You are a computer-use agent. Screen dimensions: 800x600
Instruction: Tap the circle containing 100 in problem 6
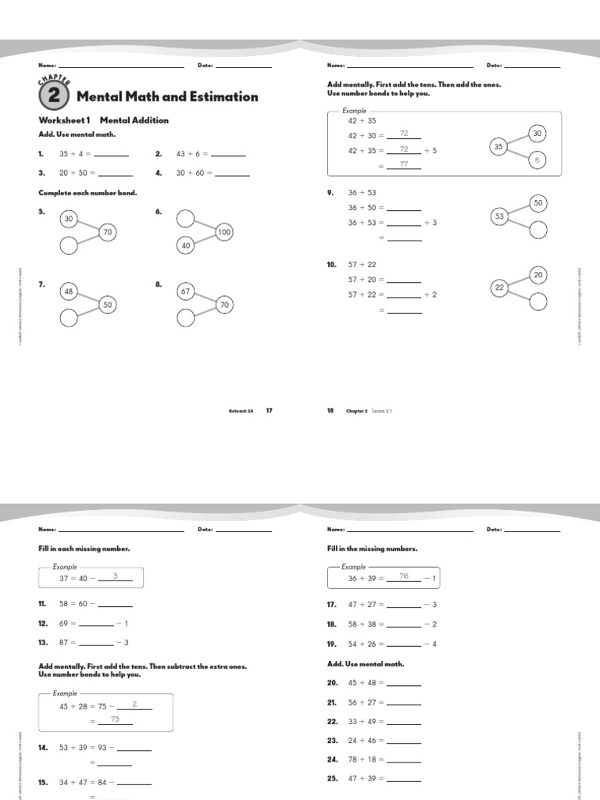pos(224,232)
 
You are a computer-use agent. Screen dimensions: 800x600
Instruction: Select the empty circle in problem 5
pos(69,245)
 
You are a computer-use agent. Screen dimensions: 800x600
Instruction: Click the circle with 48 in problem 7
pos(69,291)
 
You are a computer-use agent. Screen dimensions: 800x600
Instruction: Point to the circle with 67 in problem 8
pos(186,291)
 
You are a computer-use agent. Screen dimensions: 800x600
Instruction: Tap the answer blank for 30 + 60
pos(228,173)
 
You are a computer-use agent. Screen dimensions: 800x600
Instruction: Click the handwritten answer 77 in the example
pos(404,165)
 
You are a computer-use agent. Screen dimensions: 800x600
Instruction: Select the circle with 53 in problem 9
pos(500,216)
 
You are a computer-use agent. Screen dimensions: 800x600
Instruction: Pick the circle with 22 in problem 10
pos(500,288)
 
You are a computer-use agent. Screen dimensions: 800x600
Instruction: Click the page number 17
pos(269,410)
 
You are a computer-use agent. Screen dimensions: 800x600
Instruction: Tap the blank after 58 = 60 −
pos(115,605)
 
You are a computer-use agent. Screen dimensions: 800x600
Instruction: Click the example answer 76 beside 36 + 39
pos(404,577)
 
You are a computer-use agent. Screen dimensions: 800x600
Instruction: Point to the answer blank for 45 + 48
pos(404,684)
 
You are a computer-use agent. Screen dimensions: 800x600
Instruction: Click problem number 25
pos(331,779)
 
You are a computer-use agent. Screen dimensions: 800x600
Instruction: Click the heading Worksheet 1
pos(65,120)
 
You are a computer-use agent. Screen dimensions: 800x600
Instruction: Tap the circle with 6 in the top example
pos(537,160)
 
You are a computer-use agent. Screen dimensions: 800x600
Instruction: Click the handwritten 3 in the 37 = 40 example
pos(115,577)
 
